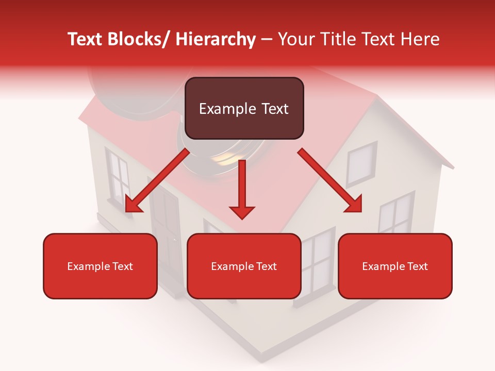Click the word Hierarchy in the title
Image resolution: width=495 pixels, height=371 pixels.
pyautogui.click(x=216, y=39)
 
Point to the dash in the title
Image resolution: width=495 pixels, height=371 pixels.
pyautogui.click(x=267, y=40)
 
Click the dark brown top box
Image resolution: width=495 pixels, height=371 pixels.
pyautogui.click(x=244, y=108)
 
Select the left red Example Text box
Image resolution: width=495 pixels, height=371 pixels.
pyautogui.click(x=100, y=266)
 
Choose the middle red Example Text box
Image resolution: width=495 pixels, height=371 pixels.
pyautogui.click(x=244, y=266)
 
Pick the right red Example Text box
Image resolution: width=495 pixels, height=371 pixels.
pyautogui.click(x=395, y=266)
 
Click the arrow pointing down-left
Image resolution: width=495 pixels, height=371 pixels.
pyautogui.click(x=157, y=180)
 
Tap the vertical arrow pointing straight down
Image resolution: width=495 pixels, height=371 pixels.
pyautogui.click(x=242, y=189)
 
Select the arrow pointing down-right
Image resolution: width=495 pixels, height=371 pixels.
pyautogui.click(x=330, y=180)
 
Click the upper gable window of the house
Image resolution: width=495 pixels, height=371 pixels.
pyautogui.click(x=360, y=163)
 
